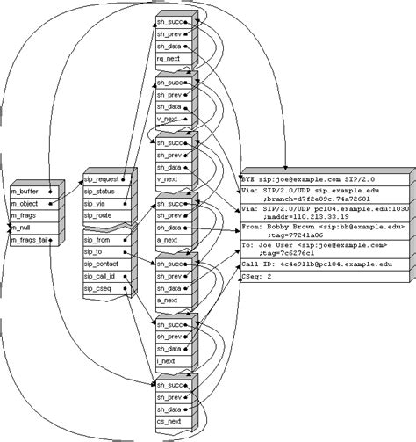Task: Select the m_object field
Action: tap(27, 202)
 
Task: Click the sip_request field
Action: tap(104, 179)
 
